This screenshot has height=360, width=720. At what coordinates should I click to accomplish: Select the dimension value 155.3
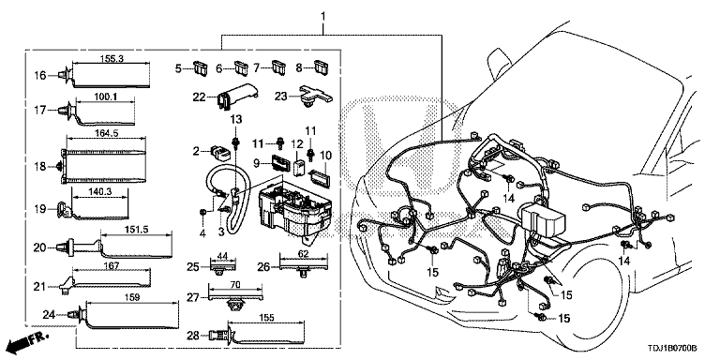110,59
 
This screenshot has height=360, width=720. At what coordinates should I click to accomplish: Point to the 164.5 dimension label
105,134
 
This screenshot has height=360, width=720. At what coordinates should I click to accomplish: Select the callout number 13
236,118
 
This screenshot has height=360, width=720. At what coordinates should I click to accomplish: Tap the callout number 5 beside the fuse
179,67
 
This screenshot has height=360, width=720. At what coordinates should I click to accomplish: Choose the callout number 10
327,155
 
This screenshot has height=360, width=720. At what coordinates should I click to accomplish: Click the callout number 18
39,166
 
